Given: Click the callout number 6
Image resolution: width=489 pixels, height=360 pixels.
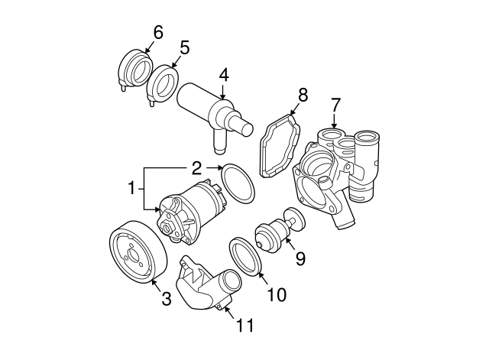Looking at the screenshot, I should point(158,32).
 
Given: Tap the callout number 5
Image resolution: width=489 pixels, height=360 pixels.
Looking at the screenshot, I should point(184,47).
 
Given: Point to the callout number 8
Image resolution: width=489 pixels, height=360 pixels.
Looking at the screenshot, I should point(303,95).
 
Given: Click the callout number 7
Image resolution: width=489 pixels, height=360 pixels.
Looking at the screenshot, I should point(334,103).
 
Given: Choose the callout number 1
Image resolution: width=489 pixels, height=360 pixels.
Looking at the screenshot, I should point(131,186).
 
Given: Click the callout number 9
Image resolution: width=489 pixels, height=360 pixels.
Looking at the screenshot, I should point(300,258).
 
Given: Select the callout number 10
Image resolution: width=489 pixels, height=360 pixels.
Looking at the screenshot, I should point(277,294).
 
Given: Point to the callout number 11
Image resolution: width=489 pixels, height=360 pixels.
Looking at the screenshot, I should point(244,325).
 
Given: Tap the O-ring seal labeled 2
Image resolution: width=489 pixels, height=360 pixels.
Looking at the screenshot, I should point(237,186).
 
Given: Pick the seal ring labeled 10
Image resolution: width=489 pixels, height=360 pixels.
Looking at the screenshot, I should point(246,255).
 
